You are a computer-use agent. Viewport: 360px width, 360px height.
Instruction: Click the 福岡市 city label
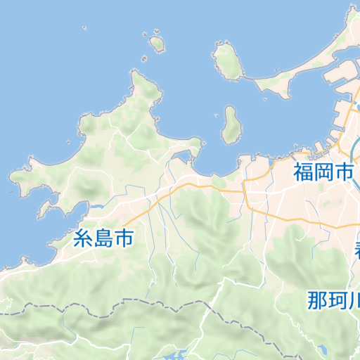(323, 171)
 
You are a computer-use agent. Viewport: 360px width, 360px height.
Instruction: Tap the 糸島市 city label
(103, 238)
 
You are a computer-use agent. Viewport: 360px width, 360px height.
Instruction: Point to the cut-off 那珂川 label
(333, 300)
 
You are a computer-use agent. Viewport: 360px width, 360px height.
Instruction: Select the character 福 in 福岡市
(304, 171)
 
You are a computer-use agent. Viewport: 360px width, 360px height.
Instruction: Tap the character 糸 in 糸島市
(83, 238)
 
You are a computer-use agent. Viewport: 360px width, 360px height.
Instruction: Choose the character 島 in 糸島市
(103, 238)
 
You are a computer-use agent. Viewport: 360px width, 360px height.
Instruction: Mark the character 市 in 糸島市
(123, 238)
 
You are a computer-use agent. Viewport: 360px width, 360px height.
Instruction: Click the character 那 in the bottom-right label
(318, 300)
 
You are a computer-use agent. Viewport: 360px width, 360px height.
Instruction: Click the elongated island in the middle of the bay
(229, 126)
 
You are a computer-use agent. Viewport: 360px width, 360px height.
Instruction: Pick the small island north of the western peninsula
(157, 44)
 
